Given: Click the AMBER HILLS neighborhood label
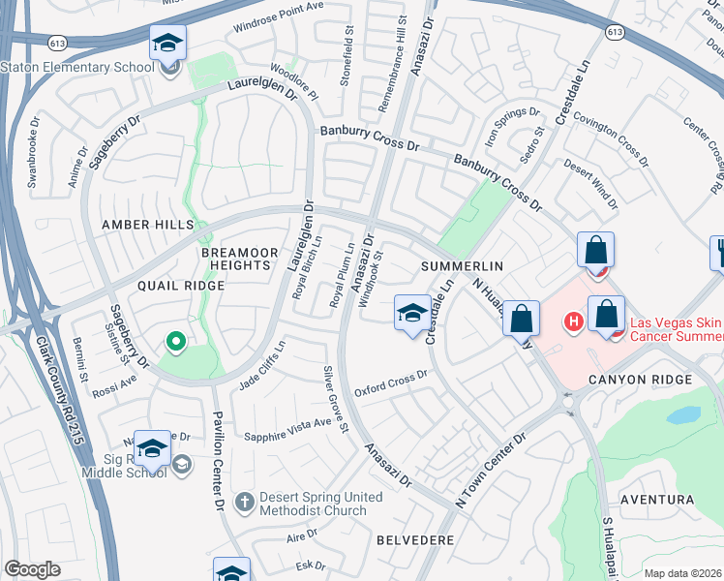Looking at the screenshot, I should click(x=148, y=225).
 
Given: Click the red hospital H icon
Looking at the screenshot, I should click(x=573, y=321).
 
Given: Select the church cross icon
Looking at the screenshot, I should click(x=244, y=503).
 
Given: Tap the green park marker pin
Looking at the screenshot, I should click(x=175, y=341).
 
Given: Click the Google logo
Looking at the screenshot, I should click(x=32, y=569).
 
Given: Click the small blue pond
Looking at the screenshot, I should click(x=683, y=415).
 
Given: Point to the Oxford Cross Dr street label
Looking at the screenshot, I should click(x=391, y=383).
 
